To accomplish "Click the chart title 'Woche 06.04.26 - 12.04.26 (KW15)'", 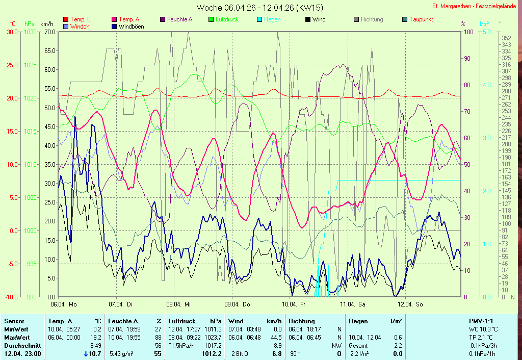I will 259,8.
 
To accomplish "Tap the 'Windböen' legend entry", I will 130,26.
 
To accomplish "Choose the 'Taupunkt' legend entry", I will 421,19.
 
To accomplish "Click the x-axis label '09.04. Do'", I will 239,304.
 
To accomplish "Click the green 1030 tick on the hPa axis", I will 30,32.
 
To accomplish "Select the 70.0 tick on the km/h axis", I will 49,32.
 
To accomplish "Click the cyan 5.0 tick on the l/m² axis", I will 486,32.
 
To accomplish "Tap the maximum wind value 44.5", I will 276,338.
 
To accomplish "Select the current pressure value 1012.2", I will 212,354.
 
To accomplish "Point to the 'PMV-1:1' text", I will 481,321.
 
